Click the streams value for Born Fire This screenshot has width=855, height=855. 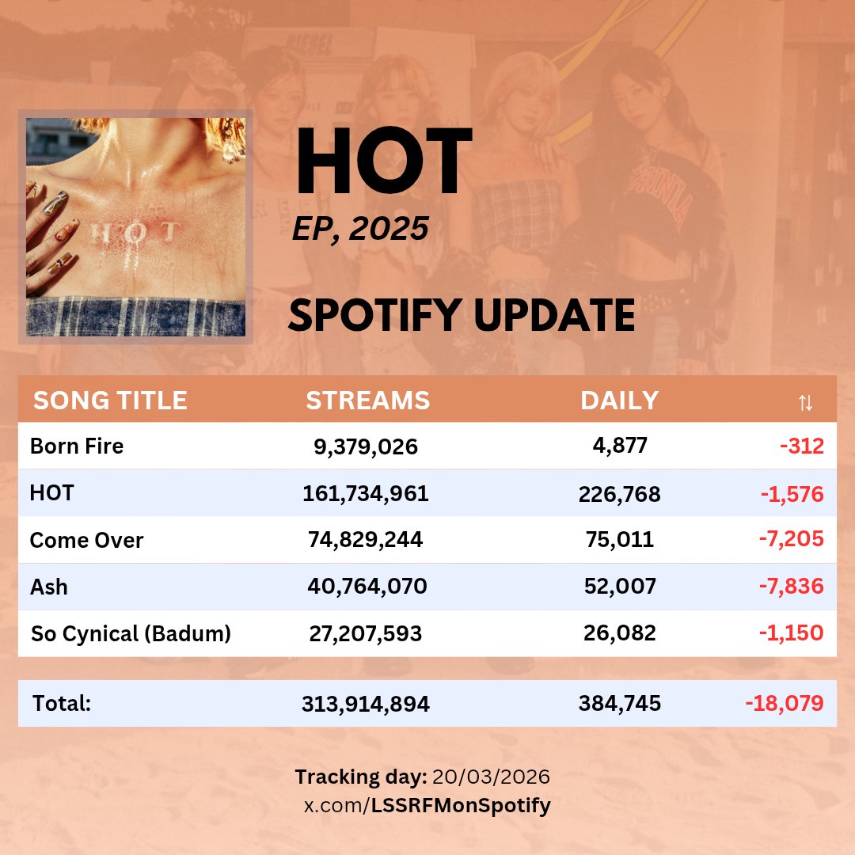(x=366, y=447)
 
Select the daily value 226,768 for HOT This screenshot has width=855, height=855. (x=619, y=495)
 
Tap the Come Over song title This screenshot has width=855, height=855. (x=86, y=541)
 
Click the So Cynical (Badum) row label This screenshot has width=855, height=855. (x=131, y=633)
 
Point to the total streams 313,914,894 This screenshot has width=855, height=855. (x=366, y=704)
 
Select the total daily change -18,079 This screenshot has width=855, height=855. (x=784, y=703)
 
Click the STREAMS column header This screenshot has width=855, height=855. (x=368, y=401)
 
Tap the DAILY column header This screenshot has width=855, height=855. (x=619, y=401)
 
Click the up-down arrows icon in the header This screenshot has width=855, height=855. (x=805, y=402)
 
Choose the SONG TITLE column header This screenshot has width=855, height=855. (x=110, y=401)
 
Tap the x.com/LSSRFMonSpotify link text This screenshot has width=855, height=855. (x=427, y=806)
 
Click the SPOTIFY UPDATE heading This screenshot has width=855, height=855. (x=462, y=315)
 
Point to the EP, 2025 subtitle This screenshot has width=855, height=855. (x=360, y=229)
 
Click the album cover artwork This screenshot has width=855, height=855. (x=135, y=227)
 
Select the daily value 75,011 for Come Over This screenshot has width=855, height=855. (x=619, y=541)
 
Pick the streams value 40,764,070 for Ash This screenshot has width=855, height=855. (x=367, y=587)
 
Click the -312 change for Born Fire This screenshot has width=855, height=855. (x=801, y=446)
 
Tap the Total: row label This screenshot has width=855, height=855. (x=62, y=703)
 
